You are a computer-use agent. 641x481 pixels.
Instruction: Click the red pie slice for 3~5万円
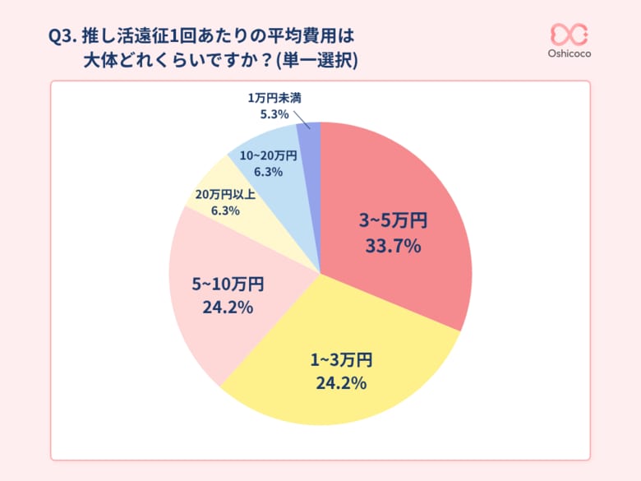coord(411,197)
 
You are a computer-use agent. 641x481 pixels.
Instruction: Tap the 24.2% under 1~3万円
coord(340,382)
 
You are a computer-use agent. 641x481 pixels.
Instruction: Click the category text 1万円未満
coord(274,98)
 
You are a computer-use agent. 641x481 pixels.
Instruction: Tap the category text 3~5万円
coord(393,220)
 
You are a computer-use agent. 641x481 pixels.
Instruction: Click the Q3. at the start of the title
coord(64,37)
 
